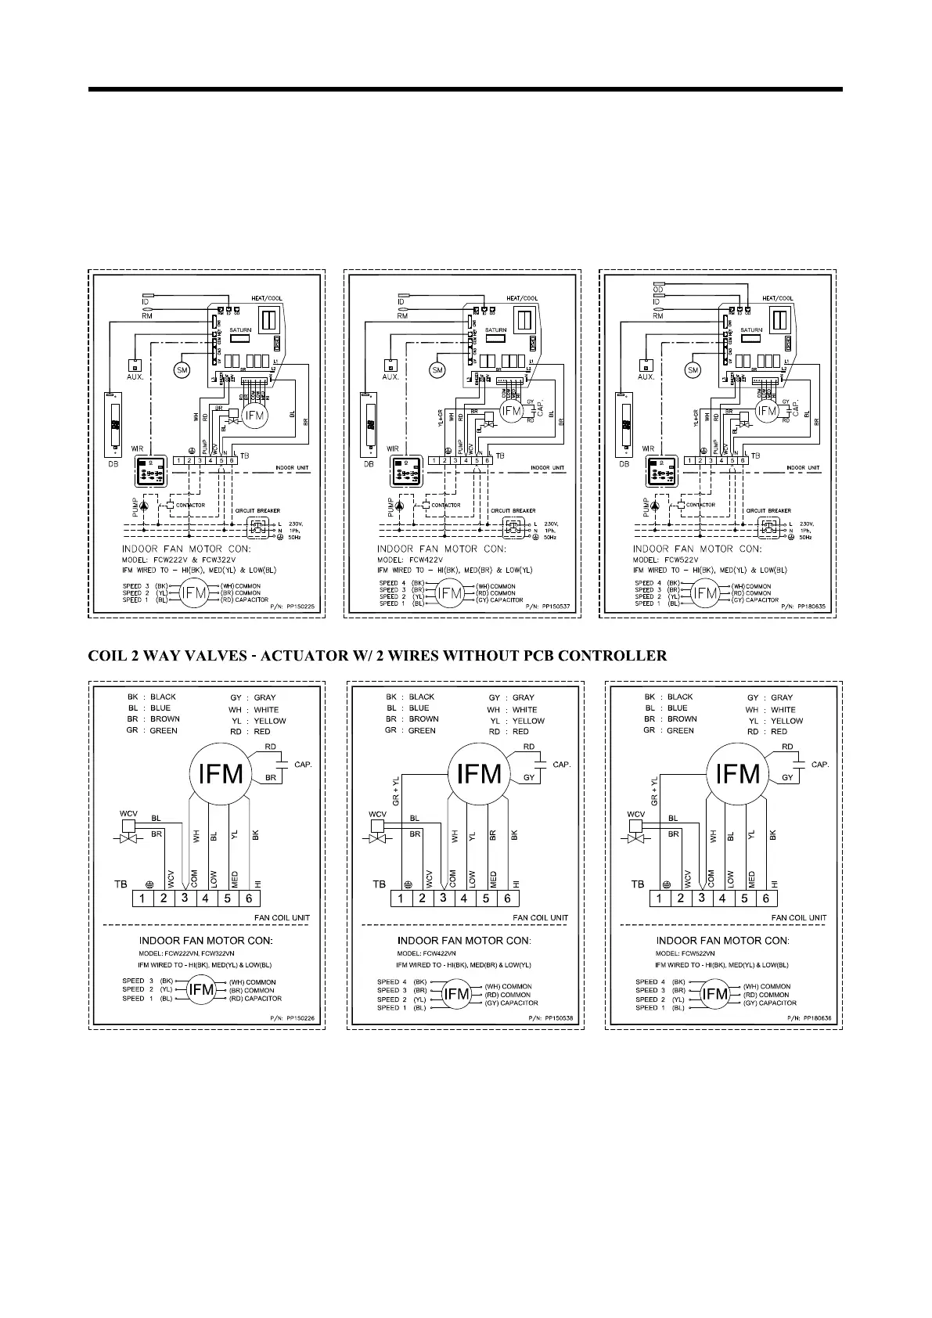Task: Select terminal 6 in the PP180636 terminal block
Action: (x=766, y=898)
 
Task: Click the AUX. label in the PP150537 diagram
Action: (x=390, y=376)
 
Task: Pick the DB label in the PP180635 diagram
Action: (x=624, y=463)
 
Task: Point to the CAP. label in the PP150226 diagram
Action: (x=303, y=764)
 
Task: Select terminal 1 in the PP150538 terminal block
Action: (x=401, y=898)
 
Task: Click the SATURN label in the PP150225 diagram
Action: (x=240, y=330)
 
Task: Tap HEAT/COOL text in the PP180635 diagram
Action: (x=777, y=298)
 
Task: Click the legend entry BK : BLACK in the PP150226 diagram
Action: (x=152, y=697)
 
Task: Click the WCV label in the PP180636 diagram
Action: (x=636, y=814)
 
